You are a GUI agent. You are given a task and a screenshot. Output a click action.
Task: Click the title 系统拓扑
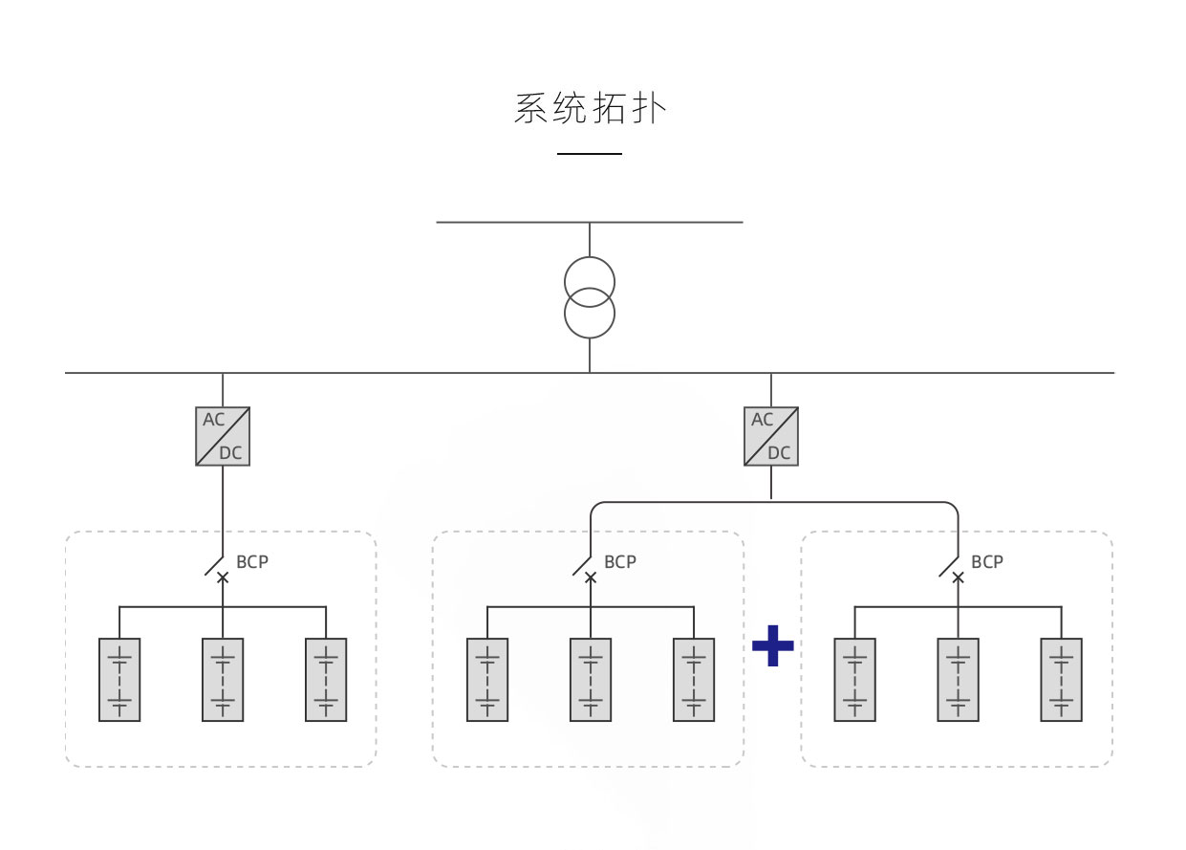tap(590, 108)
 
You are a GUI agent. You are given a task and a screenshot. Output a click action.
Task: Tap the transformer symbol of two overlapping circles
tap(590, 297)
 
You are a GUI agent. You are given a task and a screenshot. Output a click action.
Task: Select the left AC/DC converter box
tap(223, 437)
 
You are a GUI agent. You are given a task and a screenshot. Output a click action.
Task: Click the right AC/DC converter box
tap(771, 437)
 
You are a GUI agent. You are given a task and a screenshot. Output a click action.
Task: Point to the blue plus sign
tap(772, 647)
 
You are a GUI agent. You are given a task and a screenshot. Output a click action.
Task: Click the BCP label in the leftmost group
tap(252, 562)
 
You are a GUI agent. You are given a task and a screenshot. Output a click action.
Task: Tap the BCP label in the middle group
tap(620, 562)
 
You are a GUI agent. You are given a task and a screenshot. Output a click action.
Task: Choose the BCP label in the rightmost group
tap(987, 562)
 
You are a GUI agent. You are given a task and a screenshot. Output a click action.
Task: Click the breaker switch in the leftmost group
tap(218, 570)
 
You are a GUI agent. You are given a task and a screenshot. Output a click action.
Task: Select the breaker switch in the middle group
tap(586, 570)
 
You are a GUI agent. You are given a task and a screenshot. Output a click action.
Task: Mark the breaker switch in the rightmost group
tap(953, 570)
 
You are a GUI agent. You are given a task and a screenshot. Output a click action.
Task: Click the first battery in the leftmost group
tap(119, 680)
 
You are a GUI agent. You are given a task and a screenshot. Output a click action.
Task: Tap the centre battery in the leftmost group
tap(223, 680)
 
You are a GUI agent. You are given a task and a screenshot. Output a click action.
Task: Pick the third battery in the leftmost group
tap(326, 680)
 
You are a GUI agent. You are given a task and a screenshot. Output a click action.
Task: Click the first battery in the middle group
tap(487, 680)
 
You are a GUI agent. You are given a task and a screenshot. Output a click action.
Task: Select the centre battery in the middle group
tap(591, 680)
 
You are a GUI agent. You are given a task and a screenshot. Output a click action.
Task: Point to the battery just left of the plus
tap(694, 680)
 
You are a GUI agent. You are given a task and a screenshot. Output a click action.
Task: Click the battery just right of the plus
tap(854, 680)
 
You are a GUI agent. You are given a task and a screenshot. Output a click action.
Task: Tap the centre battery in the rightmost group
tap(958, 680)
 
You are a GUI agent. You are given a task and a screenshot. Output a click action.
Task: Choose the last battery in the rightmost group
tap(1061, 680)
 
